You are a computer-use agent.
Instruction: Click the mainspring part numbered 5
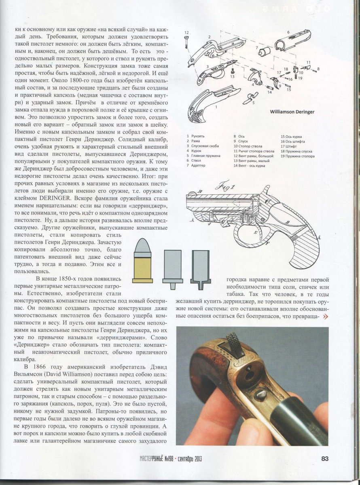253,97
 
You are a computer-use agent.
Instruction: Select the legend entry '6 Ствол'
194,160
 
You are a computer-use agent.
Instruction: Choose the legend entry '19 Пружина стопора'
299,155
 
